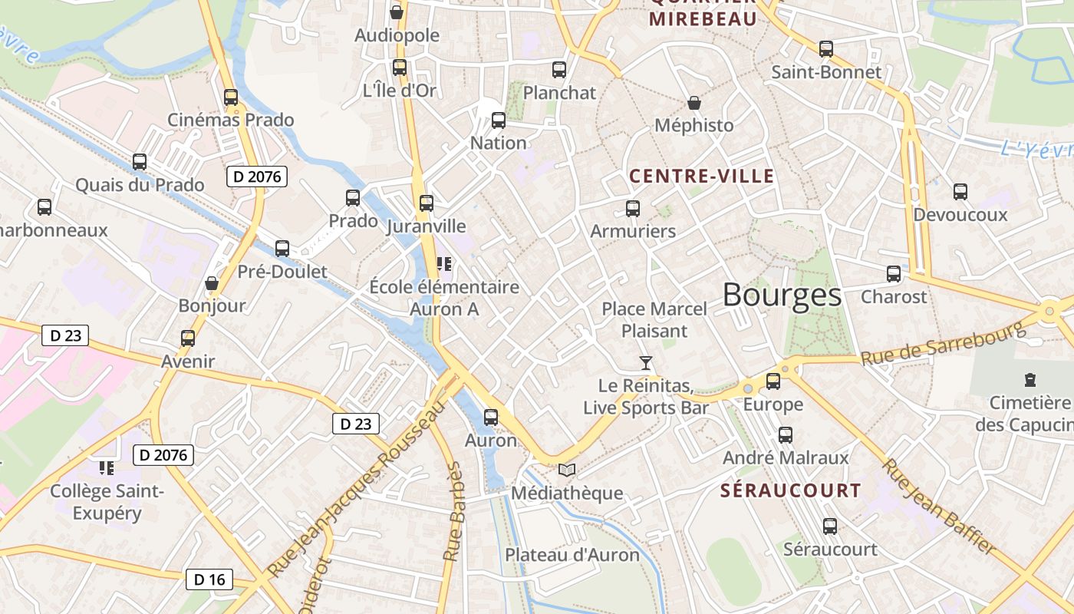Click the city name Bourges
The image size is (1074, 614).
(x=782, y=295)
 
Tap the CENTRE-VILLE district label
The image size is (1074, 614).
(x=702, y=177)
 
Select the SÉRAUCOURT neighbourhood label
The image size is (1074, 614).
(x=790, y=490)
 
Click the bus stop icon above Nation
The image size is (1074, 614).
(x=499, y=120)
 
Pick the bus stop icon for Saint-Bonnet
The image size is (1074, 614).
(x=825, y=49)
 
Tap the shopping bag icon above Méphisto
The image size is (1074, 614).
(x=694, y=103)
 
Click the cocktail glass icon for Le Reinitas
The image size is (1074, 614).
(x=646, y=362)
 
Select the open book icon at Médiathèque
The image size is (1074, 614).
(x=567, y=470)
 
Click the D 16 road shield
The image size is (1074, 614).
(x=209, y=579)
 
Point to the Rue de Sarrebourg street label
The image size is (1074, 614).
(x=943, y=343)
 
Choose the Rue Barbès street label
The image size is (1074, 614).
(x=454, y=510)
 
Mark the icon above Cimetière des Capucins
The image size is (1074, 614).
(x=1030, y=379)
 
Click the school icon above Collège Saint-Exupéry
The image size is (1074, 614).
(x=107, y=467)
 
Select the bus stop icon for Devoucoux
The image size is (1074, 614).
(x=960, y=192)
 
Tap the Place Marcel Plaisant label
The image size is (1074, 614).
(x=654, y=319)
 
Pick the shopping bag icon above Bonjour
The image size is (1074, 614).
(x=212, y=283)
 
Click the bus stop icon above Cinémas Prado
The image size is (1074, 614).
(x=230, y=97)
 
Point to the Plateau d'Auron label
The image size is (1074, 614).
(x=572, y=555)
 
